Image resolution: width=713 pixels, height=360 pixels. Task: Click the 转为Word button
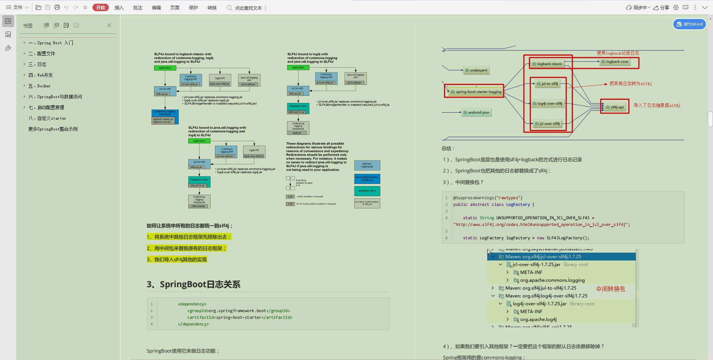(690, 24)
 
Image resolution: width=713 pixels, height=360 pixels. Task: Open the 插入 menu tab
(119, 7)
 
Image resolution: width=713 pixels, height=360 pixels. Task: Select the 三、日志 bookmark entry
(38, 65)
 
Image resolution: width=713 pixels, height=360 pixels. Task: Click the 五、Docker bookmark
(40, 86)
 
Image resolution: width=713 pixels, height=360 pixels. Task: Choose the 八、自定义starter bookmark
(48, 119)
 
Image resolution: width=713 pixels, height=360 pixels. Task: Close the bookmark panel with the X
(109, 25)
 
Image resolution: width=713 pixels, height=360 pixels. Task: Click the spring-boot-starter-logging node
(476, 92)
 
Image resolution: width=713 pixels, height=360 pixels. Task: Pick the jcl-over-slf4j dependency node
(547, 124)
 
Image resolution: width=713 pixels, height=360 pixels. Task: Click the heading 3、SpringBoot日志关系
(193, 285)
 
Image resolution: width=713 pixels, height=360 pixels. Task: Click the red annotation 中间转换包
(611, 289)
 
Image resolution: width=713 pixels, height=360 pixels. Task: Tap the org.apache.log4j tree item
(538, 320)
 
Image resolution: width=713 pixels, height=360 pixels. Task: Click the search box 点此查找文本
(248, 8)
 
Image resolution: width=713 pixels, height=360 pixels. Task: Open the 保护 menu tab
(193, 7)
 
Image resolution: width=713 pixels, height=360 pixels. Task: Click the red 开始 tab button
(100, 7)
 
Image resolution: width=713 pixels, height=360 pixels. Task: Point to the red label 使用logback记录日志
(618, 53)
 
